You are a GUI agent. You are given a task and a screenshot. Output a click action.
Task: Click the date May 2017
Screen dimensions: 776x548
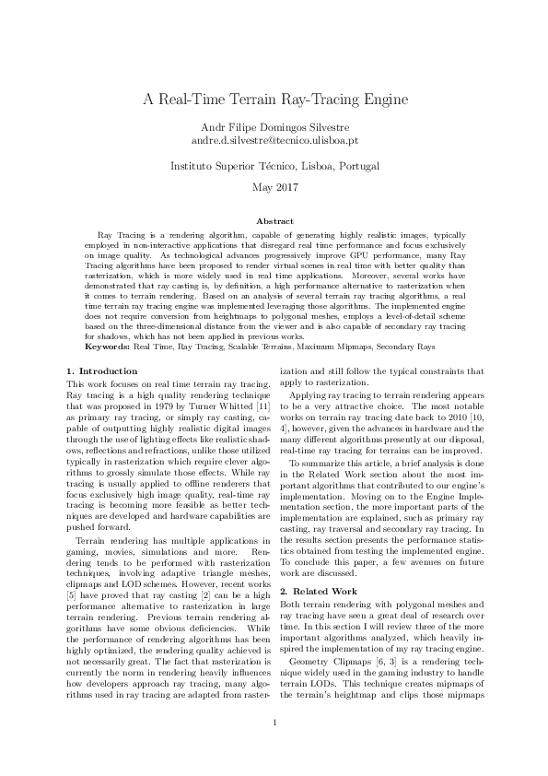tap(274, 189)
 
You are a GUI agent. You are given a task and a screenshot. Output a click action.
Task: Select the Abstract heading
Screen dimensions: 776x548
tap(274, 221)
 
